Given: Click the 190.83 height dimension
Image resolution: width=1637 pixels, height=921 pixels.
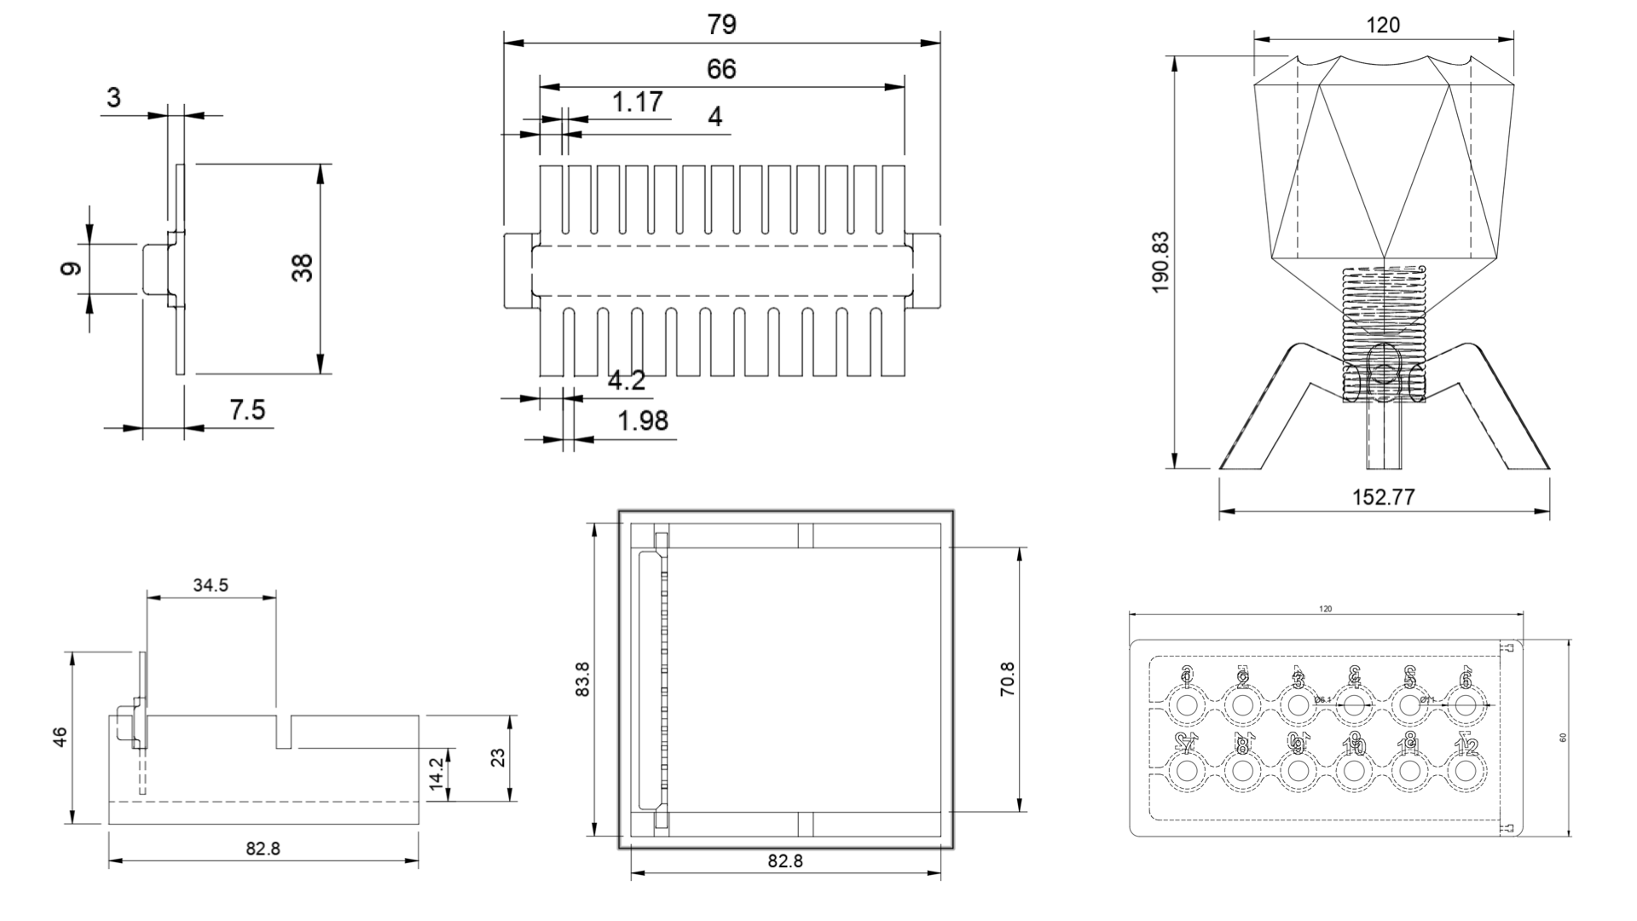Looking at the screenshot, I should tap(1160, 263).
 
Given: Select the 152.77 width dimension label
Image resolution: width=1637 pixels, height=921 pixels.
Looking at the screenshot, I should tap(1383, 497).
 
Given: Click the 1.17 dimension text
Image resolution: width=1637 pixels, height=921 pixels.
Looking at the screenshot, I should tap(637, 102).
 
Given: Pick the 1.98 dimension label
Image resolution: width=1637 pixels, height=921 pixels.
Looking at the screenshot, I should tap(643, 421).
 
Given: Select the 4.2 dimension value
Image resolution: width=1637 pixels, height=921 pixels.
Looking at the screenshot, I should tap(627, 381).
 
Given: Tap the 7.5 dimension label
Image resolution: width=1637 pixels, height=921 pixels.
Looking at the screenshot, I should tap(247, 411).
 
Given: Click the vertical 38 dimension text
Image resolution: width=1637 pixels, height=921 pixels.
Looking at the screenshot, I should tap(303, 268).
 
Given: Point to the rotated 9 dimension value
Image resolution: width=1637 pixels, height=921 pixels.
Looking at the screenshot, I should tap(72, 269).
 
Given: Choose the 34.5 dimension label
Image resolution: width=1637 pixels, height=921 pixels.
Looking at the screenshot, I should tap(211, 585).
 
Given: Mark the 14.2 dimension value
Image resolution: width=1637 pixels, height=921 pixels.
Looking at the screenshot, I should tap(437, 773).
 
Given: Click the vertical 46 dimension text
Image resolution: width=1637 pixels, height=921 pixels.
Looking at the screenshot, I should tap(60, 738).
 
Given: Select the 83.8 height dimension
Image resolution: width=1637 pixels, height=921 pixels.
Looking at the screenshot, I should tap(583, 680).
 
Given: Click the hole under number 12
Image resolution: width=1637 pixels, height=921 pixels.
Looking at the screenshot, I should tap(1466, 771).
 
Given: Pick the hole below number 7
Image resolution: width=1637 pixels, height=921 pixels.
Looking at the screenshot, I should tap(1186, 771).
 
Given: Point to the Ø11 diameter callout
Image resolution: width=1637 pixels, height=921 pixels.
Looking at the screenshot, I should tap(1427, 699).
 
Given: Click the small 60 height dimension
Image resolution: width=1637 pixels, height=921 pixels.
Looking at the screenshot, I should tap(1563, 738).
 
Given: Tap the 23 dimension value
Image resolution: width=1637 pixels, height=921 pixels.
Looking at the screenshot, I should tap(499, 757).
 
